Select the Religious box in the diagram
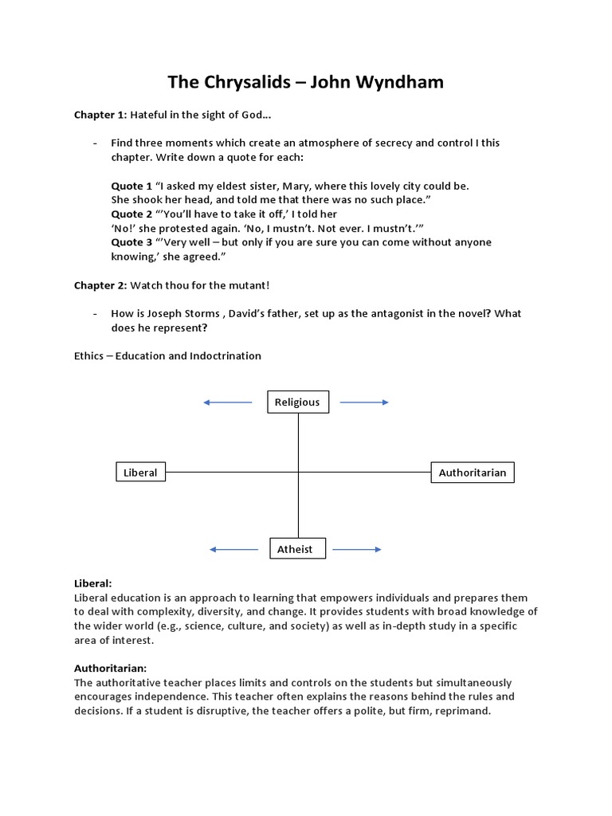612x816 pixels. [297, 402]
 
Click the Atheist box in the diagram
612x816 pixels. [295, 549]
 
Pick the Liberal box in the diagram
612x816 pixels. [140, 473]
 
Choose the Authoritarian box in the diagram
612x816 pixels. [473, 473]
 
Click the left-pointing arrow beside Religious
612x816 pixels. [228, 402]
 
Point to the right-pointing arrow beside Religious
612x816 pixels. [365, 402]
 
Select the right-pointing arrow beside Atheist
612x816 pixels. [356, 549]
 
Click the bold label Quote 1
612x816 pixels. [131, 186]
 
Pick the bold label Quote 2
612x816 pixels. [131, 214]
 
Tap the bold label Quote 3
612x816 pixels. [131, 242]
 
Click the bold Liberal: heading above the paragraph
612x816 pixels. [93, 583]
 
